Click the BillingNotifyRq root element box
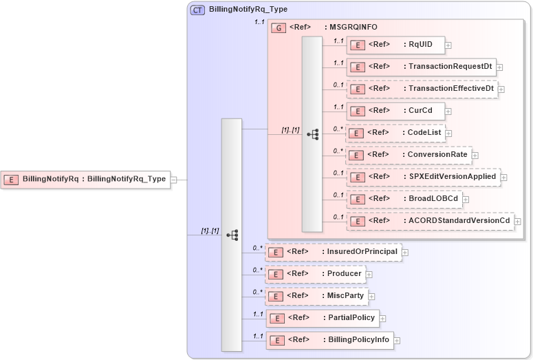(x=85, y=179)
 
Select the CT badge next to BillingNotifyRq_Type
(x=197, y=10)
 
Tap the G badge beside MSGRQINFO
(x=279, y=28)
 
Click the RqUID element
(x=395, y=45)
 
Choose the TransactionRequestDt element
(x=421, y=67)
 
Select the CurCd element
(x=395, y=110)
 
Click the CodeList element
(x=395, y=133)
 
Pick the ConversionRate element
(x=409, y=155)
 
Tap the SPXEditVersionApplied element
(x=422, y=177)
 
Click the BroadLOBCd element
(x=403, y=199)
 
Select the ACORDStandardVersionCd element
(x=430, y=221)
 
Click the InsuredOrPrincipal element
(x=333, y=252)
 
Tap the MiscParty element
(x=316, y=296)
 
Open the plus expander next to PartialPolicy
(x=382, y=318)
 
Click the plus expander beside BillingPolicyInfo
(x=397, y=340)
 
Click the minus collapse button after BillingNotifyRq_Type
(x=174, y=180)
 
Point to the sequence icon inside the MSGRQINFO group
(x=312, y=134)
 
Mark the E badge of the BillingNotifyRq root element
(x=11, y=180)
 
